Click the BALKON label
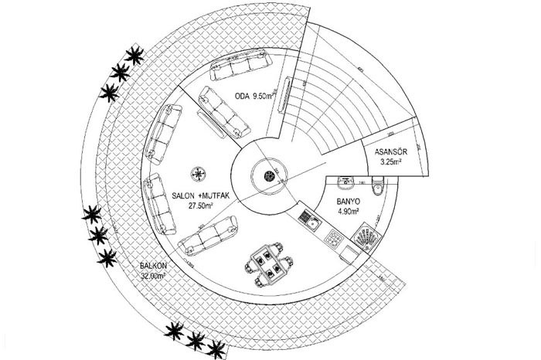pos(151,267)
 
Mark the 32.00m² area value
pos(152,276)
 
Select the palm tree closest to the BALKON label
pos(104,256)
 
